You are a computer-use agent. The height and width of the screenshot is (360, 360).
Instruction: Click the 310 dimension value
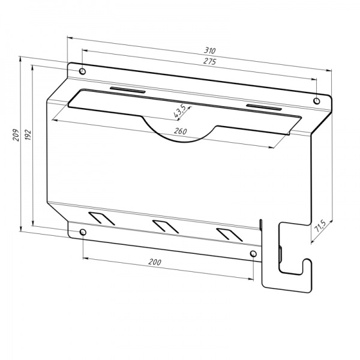pyautogui.click(x=210, y=50)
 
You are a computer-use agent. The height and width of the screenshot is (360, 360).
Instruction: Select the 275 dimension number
pyautogui.click(x=209, y=61)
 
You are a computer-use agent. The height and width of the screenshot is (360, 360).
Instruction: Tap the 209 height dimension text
pyautogui.click(x=16, y=135)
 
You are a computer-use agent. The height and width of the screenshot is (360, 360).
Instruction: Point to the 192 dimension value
pyautogui.click(x=28, y=135)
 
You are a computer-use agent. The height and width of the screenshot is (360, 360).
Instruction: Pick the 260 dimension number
pyautogui.click(x=181, y=131)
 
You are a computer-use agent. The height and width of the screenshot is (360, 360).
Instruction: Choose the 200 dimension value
pyautogui.click(x=155, y=262)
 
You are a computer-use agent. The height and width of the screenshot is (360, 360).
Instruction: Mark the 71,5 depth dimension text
pyautogui.click(x=320, y=226)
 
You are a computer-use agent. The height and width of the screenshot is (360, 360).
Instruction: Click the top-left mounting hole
pyautogui.click(x=82, y=71)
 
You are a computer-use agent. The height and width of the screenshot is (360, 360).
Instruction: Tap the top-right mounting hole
pyautogui.click(x=317, y=101)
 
